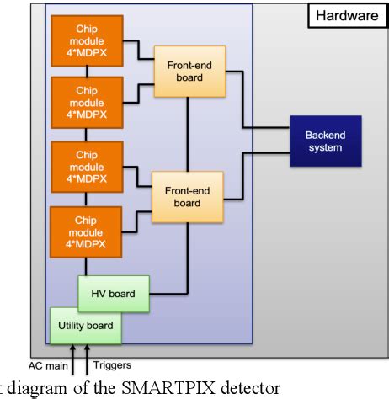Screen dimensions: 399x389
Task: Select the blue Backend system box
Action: [324, 141]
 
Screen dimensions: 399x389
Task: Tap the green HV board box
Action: [113, 294]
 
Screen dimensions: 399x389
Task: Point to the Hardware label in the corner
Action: [345, 15]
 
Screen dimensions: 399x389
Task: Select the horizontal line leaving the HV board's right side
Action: [168, 294]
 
